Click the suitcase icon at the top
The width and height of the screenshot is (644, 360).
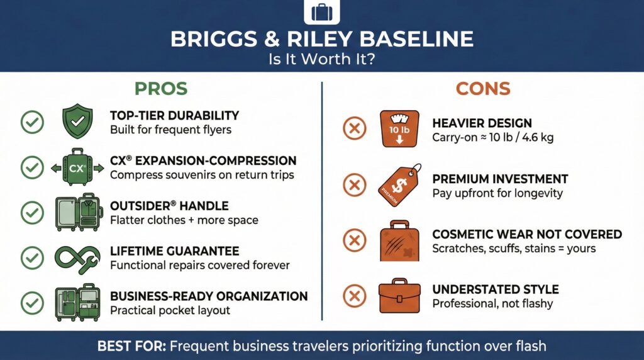coord(321,11)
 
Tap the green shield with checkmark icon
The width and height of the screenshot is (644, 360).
coord(77,121)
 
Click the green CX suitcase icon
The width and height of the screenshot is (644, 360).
coord(77,167)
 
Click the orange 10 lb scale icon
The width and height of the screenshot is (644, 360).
coord(399,129)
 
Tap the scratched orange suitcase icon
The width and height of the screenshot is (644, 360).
coord(398,240)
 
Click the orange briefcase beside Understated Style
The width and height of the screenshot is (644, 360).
coord(398,296)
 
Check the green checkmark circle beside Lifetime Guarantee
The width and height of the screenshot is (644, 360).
coord(32,258)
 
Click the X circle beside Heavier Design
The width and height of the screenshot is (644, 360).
coord(354,130)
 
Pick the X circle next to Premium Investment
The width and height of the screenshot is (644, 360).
coord(354,185)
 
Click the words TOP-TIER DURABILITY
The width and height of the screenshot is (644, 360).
coord(174,115)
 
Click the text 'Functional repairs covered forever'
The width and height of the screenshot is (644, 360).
coord(199,265)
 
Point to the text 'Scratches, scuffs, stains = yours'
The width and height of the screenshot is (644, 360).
coord(514,248)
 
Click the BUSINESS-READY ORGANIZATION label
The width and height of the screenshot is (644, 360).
coord(209,296)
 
